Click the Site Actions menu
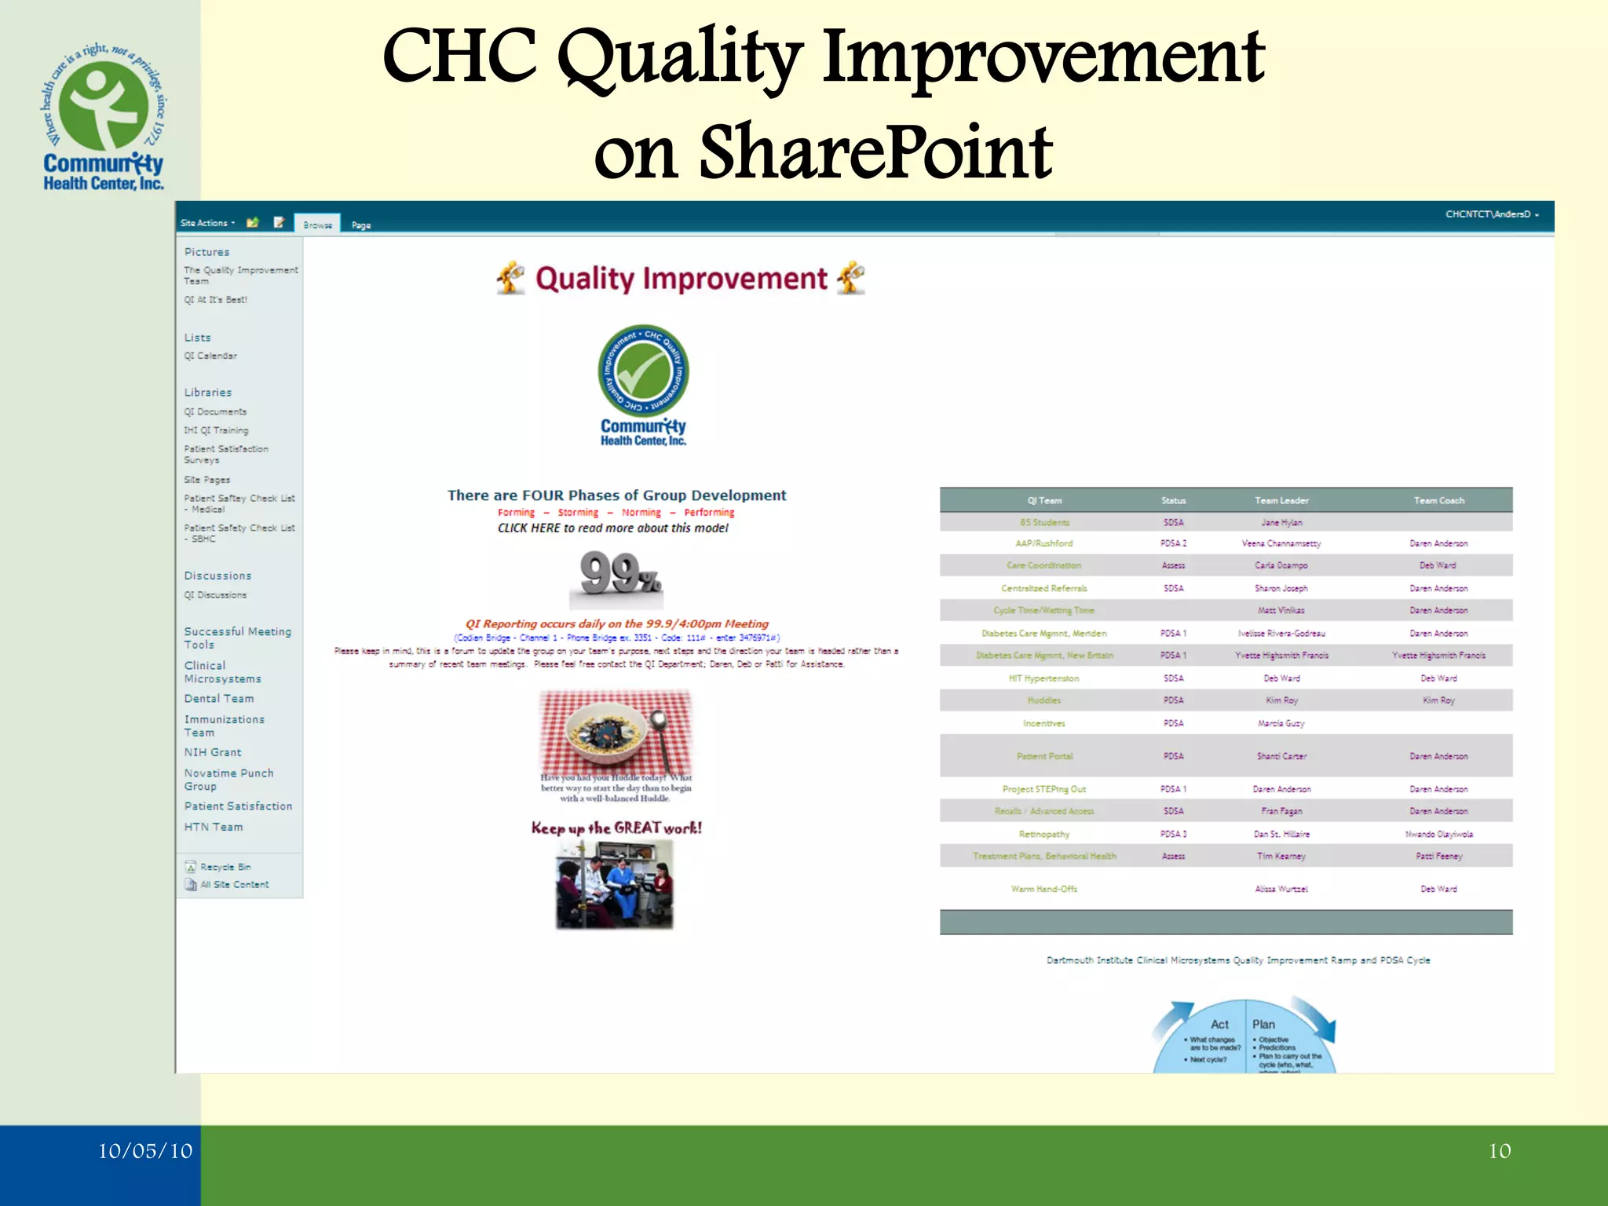207,223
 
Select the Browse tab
317,225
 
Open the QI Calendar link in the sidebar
210,356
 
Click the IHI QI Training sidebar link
216,430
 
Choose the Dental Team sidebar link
219,699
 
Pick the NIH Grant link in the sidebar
213,752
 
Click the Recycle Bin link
225,867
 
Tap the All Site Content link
233,885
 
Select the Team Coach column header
1438,501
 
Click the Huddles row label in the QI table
1043,700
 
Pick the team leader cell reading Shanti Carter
1281,756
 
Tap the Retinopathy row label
1043,834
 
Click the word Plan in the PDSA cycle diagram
1263,1025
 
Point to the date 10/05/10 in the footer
145,1151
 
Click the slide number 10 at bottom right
1499,1151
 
